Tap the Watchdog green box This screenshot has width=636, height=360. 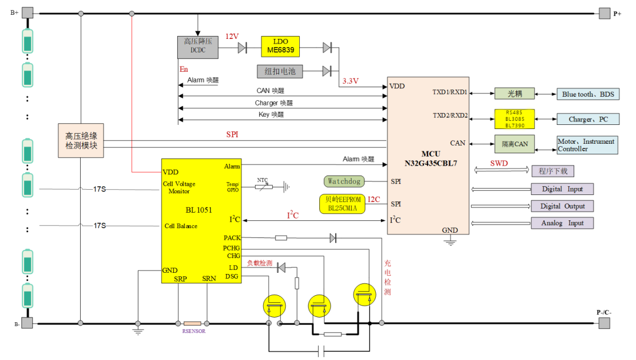(x=344, y=181)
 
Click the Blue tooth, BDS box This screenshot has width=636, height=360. (x=587, y=94)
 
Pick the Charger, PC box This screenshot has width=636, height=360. (x=588, y=119)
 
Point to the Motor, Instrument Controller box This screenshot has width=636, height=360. (x=587, y=145)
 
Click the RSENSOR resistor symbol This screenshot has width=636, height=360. (x=193, y=323)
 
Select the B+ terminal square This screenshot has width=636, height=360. (x=28, y=12)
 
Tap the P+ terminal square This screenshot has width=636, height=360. (x=604, y=12)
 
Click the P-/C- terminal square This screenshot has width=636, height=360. (x=604, y=323)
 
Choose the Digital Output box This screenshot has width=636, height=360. (x=562, y=206)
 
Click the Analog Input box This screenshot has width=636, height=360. (x=562, y=223)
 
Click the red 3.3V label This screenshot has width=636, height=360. (x=350, y=80)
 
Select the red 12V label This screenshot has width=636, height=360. (x=232, y=37)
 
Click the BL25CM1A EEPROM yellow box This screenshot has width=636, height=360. (x=342, y=203)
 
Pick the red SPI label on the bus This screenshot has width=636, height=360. (x=233, y=134)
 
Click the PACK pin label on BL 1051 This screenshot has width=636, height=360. (x=231, y=238)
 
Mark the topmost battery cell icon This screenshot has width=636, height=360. (x=28, y=41)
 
